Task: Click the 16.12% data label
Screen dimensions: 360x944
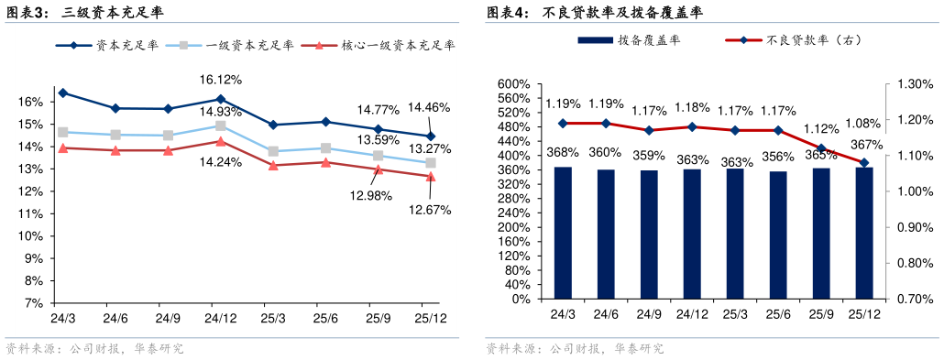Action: tap(221, 81)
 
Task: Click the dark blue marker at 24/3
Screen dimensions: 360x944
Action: tap(62, 93)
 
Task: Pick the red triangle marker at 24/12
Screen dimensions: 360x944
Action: tap(221, 141)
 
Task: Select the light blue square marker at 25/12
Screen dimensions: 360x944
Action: tap(431, 163)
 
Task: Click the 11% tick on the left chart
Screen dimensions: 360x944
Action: tap(30, 213)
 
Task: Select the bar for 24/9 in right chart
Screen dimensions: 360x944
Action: tap(649, 235)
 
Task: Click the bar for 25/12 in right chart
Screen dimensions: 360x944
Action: tap(864, 233)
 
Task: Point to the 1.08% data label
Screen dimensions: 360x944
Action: tap(862, 123)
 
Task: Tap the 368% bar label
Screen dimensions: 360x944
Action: tap(563, 152)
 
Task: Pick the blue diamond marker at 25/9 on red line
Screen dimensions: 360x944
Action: tap(821, 148)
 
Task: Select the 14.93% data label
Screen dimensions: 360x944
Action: tap(221, 112)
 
